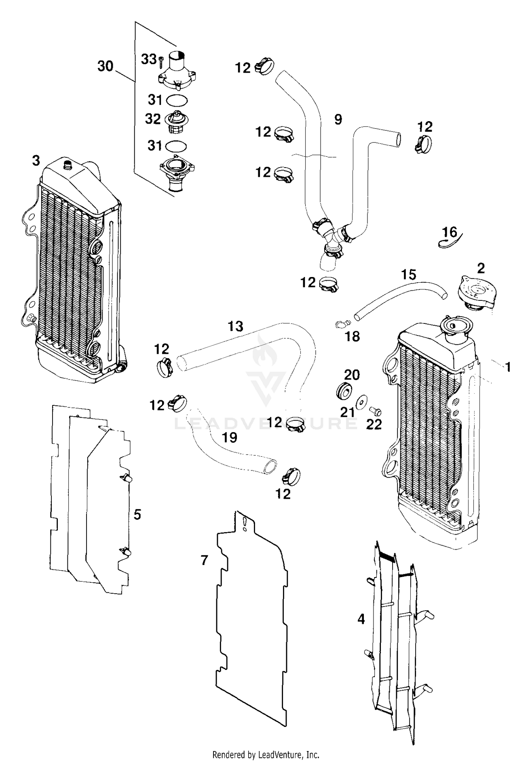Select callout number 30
pos(105,66)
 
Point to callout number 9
pos(338,119)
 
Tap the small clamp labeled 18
pos(343,323)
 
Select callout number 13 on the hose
pos(235,326)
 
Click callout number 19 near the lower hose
pos(229,438)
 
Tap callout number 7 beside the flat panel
pos(204,560)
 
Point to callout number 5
pos(137,514)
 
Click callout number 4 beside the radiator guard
pos(361,619)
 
